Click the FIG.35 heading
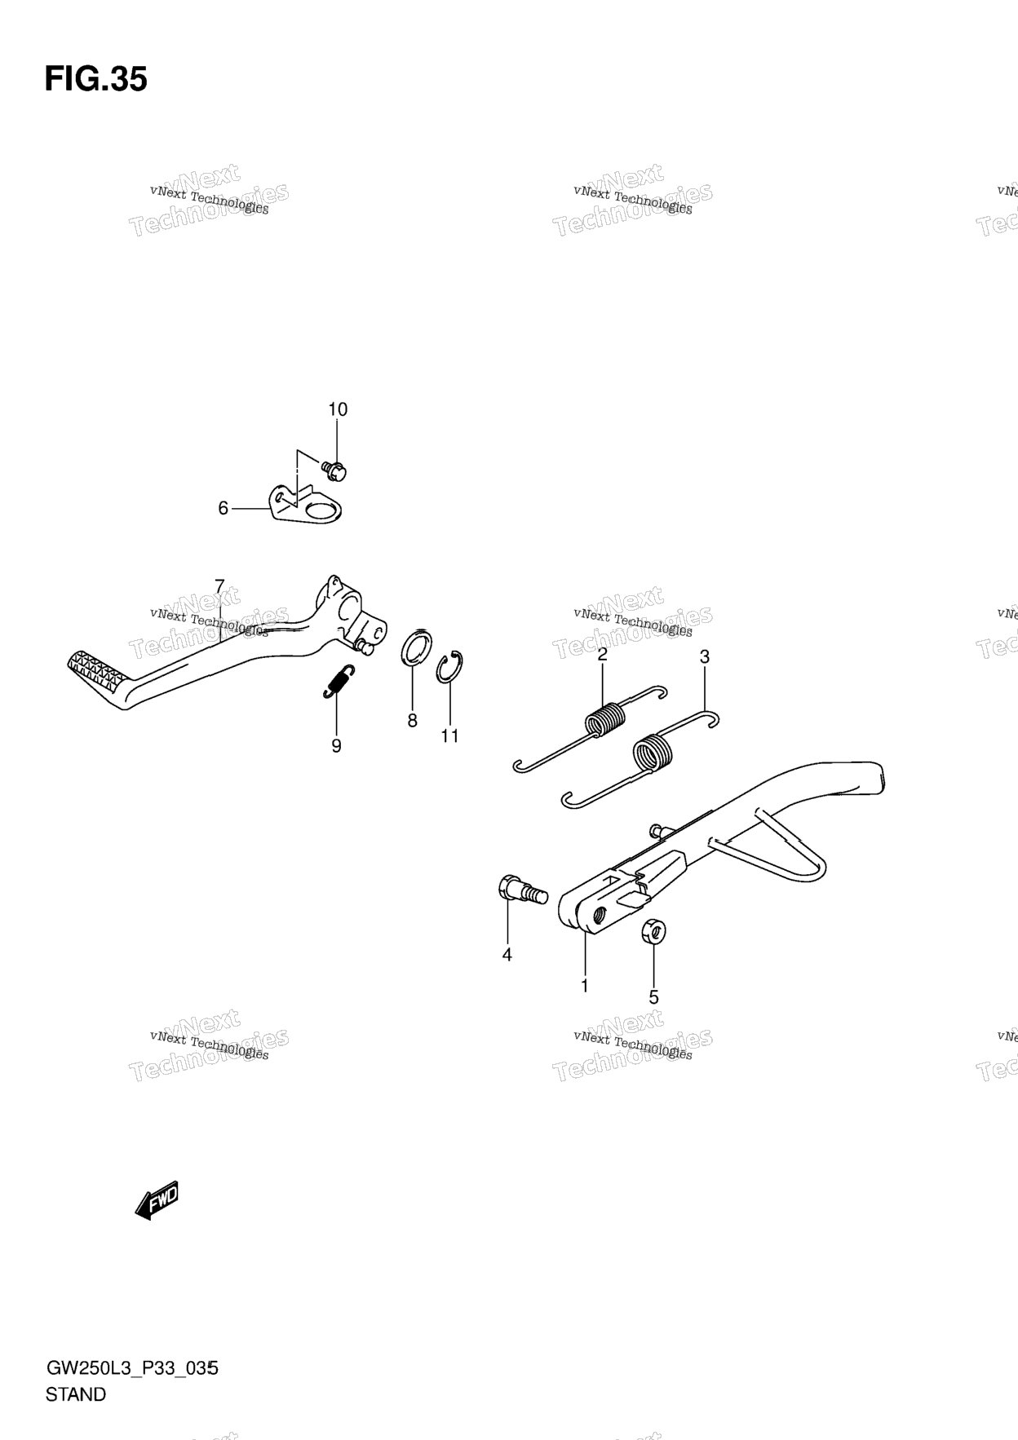click(95, 80)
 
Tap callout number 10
click(338, 409)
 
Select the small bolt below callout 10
click(335, 469)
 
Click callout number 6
click(223, 509)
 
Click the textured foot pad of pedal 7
click(96, 670)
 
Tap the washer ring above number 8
click(417, 647)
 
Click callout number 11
click(449, 736)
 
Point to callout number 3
click(705, 656)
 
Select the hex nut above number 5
click(653, 930)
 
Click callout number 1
click(584, 986)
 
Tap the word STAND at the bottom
click(76, 1394)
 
